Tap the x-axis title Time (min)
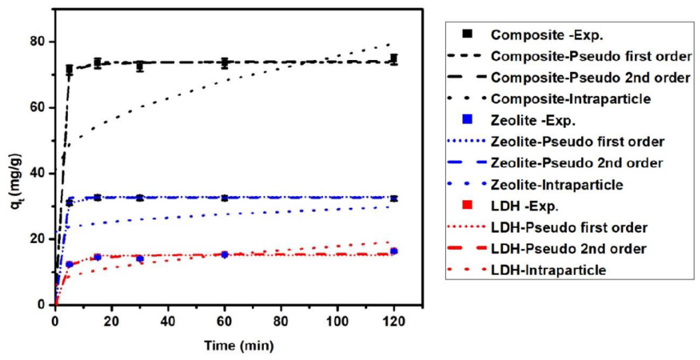point(239,346)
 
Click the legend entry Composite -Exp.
point(547,35)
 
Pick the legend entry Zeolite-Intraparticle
point(557,185)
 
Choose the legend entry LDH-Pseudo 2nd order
point(569,249)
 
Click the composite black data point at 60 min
point(224,63)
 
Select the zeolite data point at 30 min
point(140,198)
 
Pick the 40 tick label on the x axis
point(168,322)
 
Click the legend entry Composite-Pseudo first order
point(591,56)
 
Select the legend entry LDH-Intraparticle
point(548,270)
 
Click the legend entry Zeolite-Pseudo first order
point(577,142)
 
